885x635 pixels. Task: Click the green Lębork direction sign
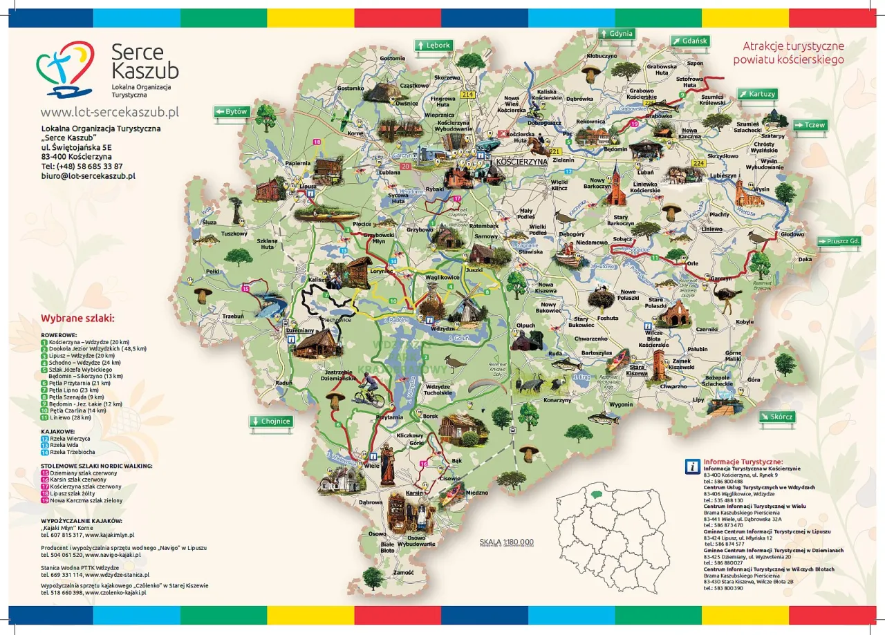tap(433, 46)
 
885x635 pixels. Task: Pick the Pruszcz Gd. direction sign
tap(839, 241)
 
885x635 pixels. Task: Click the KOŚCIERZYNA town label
tap(521, 161)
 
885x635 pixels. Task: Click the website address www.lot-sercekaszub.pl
tap(109, 112)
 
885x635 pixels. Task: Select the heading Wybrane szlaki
tap(77, 319)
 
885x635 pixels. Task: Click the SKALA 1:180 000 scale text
tap(506, 542)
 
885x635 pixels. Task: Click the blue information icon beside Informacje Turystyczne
tap(691, 466)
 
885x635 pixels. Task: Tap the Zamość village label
tap(403, 572)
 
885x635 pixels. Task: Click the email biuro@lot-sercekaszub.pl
tap(88, 176)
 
